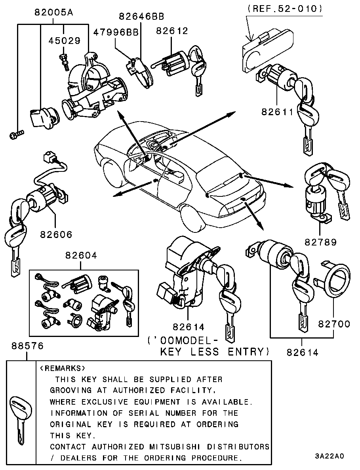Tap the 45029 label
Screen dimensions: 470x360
(x=65, y=40)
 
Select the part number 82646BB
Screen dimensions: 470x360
(x=141, y=16)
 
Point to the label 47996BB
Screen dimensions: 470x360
(x=116, y=32)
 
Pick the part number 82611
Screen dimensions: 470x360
(x=277, y=112)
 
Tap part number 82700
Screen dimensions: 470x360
(x=334, y=324)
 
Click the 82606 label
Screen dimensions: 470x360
(x=56, y=234)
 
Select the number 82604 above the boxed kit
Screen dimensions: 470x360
(x=81, y=256)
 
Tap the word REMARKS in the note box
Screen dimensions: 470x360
(x=63, y=368)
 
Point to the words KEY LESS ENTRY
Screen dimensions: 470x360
(x=214, y=351)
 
